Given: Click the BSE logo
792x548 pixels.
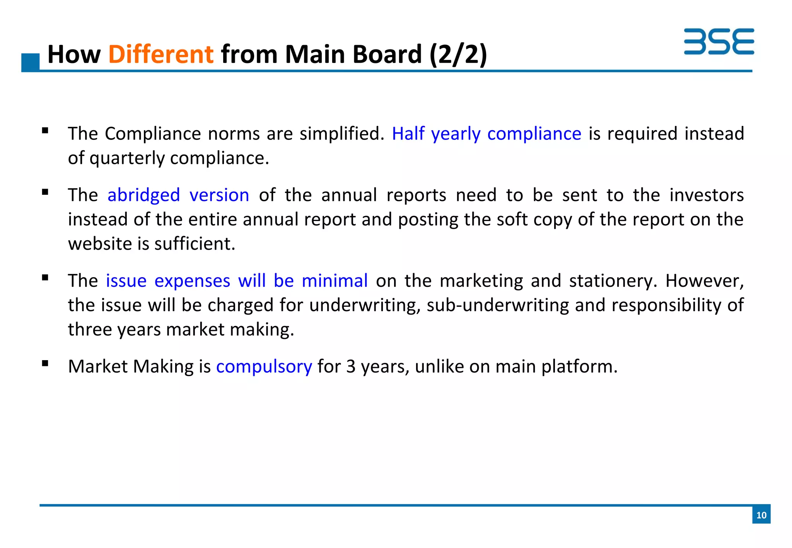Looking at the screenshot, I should pyautogui.click(x=719, y=41).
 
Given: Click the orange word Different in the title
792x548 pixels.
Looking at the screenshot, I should pyautogui.click(x=160, y=54).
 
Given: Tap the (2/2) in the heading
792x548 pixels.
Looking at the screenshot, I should pyautogui.click(x=458, y=54).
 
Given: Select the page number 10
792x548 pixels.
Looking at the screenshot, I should pyautogui.click(x=761, y=515).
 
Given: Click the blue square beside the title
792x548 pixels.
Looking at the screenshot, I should pyautogui.click(x=30, y=62).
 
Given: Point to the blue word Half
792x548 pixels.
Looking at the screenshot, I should pyautogui.click(x=408, y=134).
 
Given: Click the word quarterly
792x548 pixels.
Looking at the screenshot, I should pyautogui.click(x=127, y=158).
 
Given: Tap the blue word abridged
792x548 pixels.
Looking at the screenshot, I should pyautogui.click(x=143, y=195).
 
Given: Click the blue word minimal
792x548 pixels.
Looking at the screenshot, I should pyautogui.click(x=335, y=281).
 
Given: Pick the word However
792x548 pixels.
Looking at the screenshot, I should pyautogui.click(x=704, y=281).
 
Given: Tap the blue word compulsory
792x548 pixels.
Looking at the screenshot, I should pyautogui.click(x=264, y=366).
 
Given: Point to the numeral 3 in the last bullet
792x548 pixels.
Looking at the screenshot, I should pyautogui.click(x=350, y=366).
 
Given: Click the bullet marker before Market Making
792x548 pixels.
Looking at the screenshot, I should pyautogui.click(x=45, y=363).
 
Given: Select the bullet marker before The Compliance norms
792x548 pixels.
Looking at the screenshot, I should pyautogui.click(x=45, y=131).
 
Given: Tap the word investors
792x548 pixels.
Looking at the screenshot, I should pyautogui.click(x=707, y=195).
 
